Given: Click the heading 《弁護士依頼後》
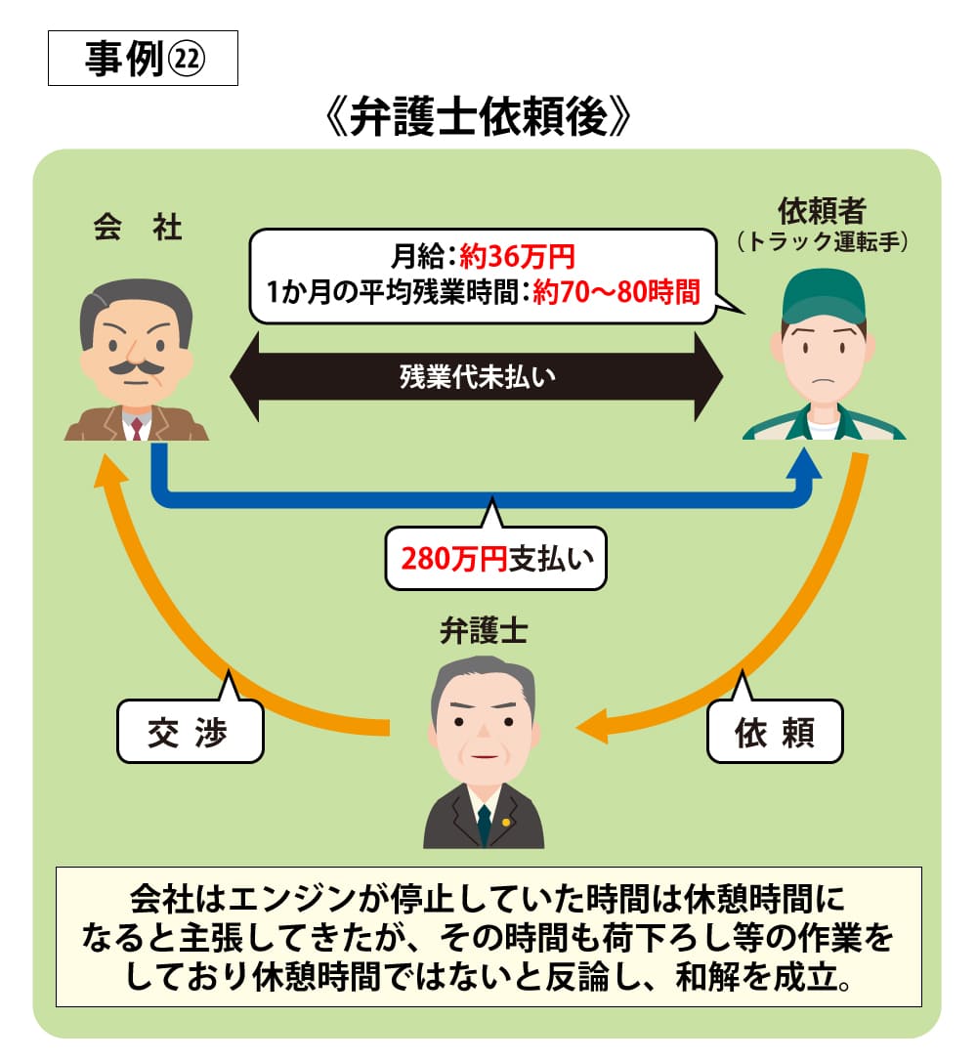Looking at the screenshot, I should tap(479, 120).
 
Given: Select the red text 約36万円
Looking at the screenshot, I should tap(518, 259).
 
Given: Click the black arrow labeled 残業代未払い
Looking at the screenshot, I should tap(477, 376).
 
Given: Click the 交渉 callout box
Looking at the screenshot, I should tap(190, 732).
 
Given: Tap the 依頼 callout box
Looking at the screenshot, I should tap(774, 732).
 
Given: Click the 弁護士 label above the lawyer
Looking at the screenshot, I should tap(483, 632).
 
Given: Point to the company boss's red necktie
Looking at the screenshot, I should tap(137, 427).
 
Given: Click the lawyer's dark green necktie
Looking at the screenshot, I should tap(483, 826).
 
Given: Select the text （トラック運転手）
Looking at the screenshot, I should tap(823, 240).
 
